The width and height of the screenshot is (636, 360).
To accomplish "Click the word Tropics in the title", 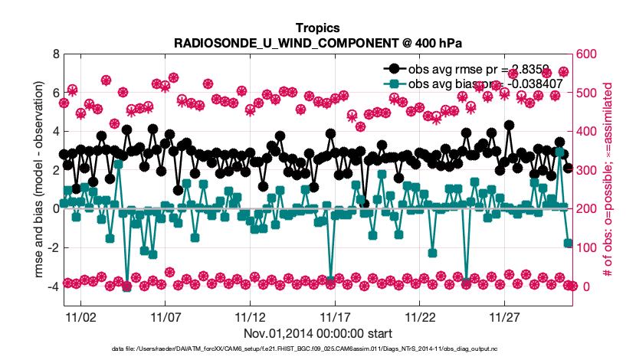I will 317,28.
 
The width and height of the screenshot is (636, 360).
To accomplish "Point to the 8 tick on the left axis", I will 54,54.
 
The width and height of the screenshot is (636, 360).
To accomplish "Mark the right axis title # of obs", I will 608,180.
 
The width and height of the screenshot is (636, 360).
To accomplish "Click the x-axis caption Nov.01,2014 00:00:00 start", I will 317,333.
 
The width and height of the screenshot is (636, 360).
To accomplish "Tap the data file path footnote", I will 317,349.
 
